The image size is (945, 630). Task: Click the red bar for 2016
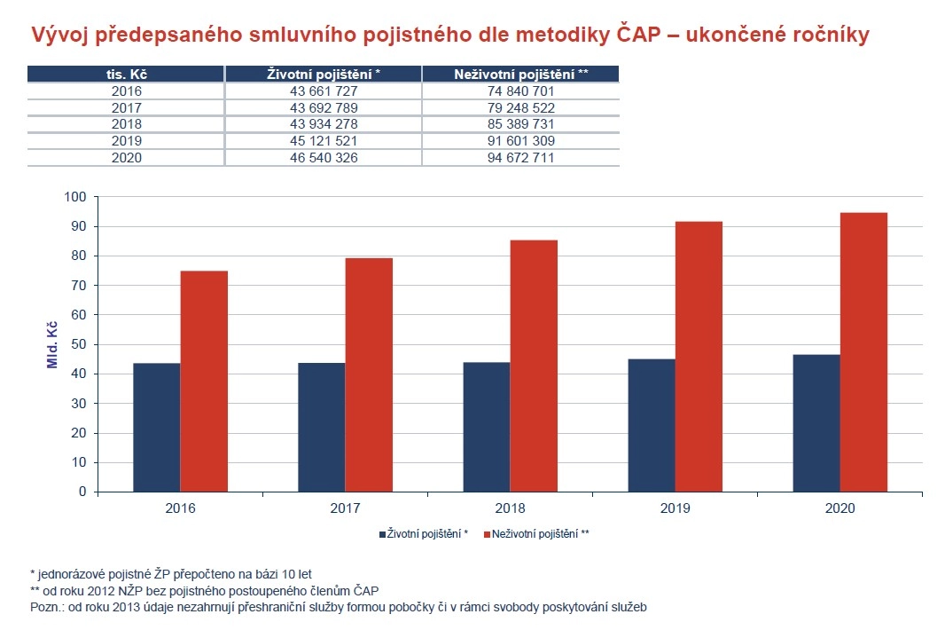click(x=204, y=381)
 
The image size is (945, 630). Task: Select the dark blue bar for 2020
click(x=816, y=423)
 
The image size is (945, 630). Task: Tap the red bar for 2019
click(x=699, y=356)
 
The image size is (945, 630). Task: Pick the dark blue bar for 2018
click(x=487, y=427)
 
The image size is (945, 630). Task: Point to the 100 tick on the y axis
click(x=78, y=197)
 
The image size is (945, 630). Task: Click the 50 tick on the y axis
click(x=82, y=344)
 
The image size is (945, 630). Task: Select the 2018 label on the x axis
click(x=510, y=509)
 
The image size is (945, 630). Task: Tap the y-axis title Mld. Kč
click(x=52, y=344)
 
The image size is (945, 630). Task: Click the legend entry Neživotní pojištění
click(x=537, y=534)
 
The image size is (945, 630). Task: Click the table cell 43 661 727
click(x=324, y=91)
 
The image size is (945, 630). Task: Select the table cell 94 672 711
click(x=520, y=158)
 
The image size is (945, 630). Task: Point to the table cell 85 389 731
click(x=520, y=124)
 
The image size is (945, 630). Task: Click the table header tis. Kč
click(x=127, y=75)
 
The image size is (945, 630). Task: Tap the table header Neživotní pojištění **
click(x=520, y=75)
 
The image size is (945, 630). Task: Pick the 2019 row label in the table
click(x=127, y=141)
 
